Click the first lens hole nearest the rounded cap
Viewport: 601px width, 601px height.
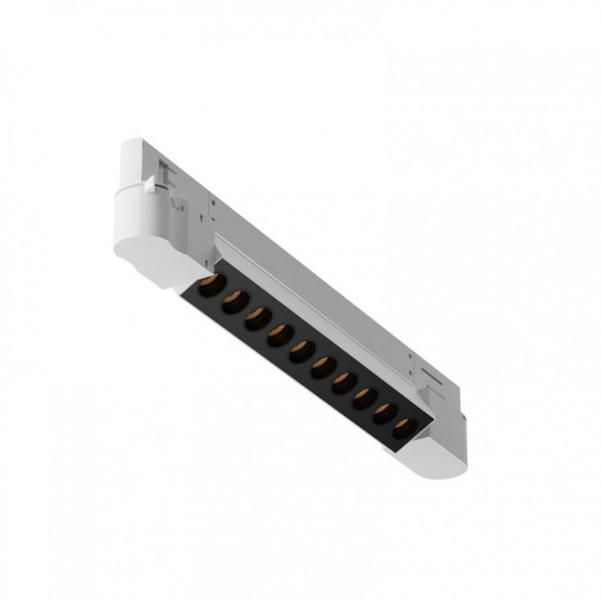[211, 286]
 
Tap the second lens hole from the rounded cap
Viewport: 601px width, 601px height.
[234, 302]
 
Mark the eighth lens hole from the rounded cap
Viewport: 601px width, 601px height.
[365, 395]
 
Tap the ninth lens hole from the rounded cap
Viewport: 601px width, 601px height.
[386, 410]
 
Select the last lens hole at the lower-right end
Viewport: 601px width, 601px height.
[405, 424]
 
